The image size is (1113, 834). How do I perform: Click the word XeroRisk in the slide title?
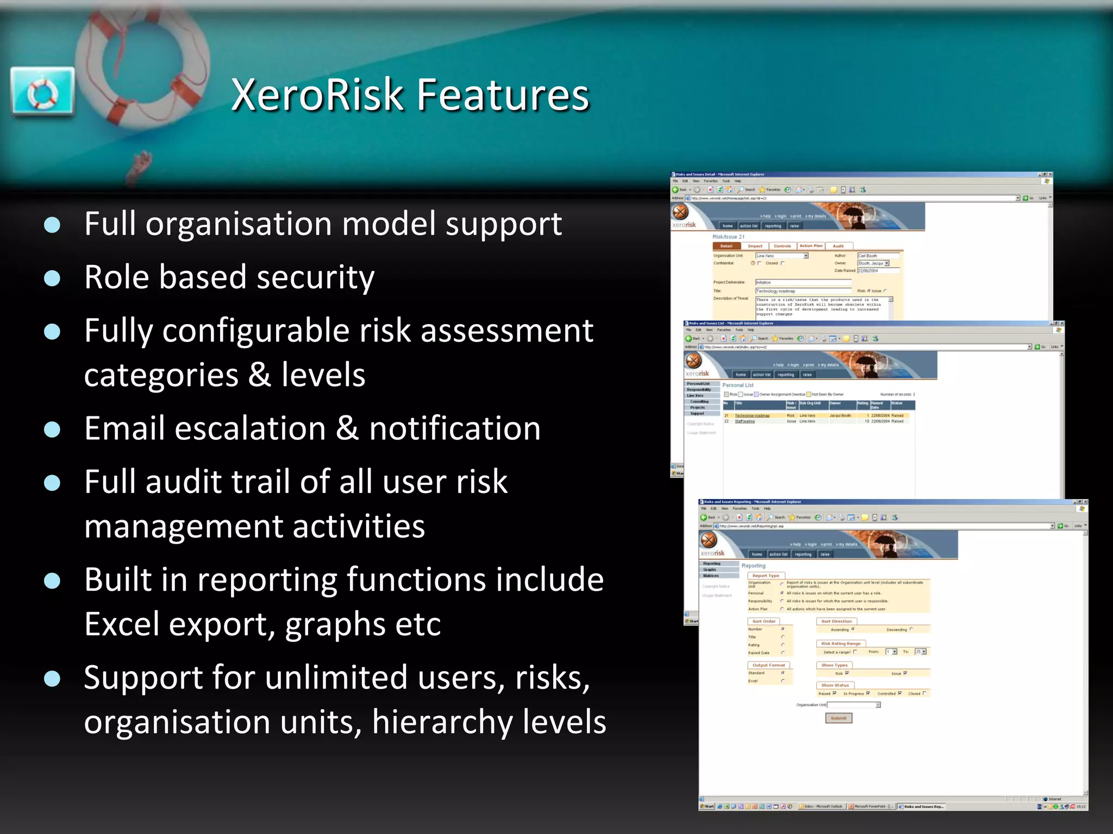tap(316, 95)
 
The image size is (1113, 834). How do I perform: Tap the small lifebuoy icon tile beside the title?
tap(42, 91)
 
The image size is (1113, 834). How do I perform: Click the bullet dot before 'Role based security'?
tap(52, 279)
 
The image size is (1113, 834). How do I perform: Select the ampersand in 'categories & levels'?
tap(259, 375)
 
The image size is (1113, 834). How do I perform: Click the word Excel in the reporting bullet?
tap(116, 624)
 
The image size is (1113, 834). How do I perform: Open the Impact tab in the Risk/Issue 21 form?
tap(755, 246)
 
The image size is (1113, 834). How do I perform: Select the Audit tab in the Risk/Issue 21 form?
tap(839, 246)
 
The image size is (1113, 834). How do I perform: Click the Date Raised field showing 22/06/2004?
tap(878, 270)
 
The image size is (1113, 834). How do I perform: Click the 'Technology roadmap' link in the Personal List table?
tap(752, 416)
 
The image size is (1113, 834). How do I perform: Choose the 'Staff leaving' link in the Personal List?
tap(745, 421)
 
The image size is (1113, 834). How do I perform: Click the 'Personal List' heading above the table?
tap(737, 385)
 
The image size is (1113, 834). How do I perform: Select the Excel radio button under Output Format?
tap(783, 681)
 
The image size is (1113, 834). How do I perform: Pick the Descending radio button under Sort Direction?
tap(911, 629)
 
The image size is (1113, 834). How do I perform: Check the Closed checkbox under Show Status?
tap(924, 693)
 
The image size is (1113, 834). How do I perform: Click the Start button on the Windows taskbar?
tap(707, 806)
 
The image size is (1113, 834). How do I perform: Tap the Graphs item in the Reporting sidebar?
tap(710, 570)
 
